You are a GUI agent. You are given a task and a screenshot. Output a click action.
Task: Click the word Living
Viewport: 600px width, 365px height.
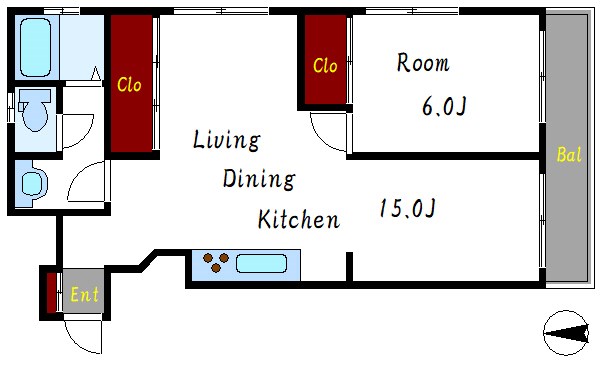tap(227, 141)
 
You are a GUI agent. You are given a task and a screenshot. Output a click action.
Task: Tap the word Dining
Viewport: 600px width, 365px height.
tap(258, 180)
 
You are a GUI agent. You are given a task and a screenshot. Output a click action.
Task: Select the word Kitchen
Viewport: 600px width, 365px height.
tap(298, 219)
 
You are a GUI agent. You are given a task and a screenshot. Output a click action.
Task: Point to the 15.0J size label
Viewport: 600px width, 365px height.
tap(406, 209)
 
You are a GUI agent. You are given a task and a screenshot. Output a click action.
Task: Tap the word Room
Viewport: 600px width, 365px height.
tap(423, 64)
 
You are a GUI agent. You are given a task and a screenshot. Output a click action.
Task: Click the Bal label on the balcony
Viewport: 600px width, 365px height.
tap(569, 155)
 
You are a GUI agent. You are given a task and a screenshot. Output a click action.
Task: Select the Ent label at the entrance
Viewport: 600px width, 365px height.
tap(84, 295)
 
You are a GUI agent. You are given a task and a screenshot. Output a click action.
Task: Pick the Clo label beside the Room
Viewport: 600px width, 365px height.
tap(325, 66)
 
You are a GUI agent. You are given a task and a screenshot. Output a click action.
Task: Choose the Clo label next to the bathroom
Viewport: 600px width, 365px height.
tap(130, 85)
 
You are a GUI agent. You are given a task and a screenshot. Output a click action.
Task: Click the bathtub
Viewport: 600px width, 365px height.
tap(40, 45)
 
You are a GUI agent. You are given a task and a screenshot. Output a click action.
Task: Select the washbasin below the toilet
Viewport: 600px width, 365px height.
tap(32, 184)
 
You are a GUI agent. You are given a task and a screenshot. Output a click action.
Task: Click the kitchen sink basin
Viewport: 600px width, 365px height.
tap(261, 266)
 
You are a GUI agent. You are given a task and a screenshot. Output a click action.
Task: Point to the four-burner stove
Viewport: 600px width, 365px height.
tap(217, 265)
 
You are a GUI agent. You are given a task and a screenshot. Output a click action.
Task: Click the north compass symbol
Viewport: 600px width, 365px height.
tap(567, 332)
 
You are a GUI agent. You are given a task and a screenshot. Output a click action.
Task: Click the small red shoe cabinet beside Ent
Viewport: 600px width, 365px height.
tap(51, 291)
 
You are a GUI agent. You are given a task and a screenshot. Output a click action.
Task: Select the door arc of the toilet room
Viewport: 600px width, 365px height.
tap(76, 130)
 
